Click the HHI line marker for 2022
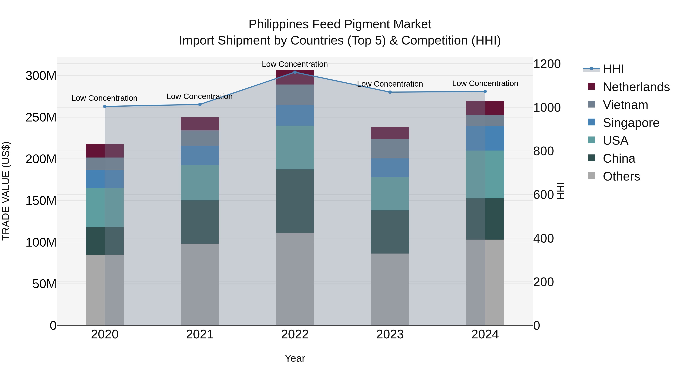tap(295, 72)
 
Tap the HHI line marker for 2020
tap(105, 107)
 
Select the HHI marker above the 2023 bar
tap(390, 92)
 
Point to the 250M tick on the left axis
tap(41, 117)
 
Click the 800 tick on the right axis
tap(543, 151)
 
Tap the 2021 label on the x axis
tap(200, 334)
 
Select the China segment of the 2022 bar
tap(295, 201)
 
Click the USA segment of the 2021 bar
tap(200, 182)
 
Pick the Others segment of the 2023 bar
tap(390, 289)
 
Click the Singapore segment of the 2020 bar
tap(105, 179)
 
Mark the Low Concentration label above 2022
tap(295, 64)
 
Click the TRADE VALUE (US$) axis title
tap(6, 191)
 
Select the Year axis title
tap(295, 358)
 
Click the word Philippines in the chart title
tap(278, 25)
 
